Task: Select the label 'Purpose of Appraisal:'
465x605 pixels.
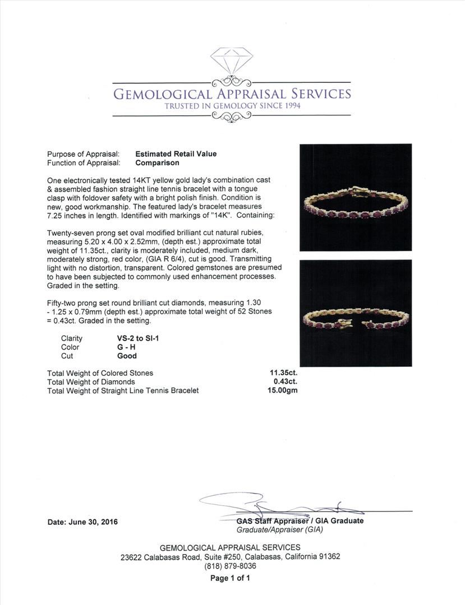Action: click(x=84, y=154)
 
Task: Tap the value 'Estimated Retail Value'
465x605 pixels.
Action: click(x=176, y=154)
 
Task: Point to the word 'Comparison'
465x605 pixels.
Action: click(x=157, y=163)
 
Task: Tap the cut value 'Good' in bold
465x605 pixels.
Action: click(x=127, y=356)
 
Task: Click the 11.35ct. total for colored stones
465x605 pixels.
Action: click(x=284, y=373)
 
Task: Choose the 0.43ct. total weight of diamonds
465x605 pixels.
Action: click(x=284, y=381)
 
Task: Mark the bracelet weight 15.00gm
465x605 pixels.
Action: click(x=283, y=390)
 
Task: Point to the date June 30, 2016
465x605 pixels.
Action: click(x=82, y=522)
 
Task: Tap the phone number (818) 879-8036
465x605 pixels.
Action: click(x=230, y=566)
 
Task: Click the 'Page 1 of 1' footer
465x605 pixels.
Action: click(x=230, y=578)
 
